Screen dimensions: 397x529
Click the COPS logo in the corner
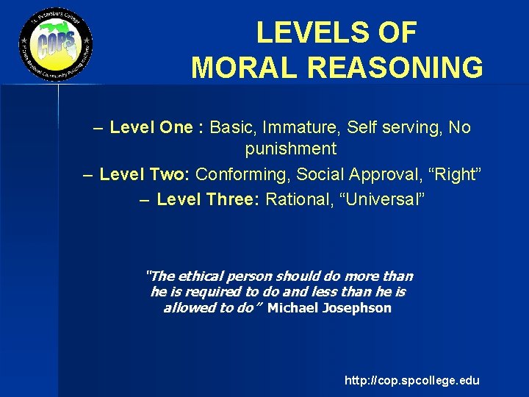point(56,45)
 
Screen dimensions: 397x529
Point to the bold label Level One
point(151,128)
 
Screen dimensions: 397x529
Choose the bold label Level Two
point(145,175)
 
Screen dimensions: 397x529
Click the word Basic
point(233,128)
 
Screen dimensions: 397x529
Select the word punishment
point(290,149)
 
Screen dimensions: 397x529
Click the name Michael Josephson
point(329,308)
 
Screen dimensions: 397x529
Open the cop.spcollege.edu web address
point(411,380)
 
